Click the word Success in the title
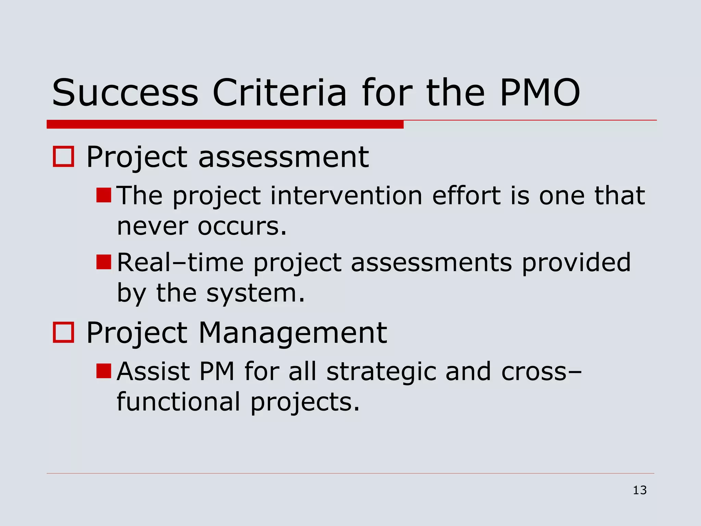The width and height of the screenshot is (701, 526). tap(125, 93)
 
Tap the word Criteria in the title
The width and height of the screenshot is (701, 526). tap(280, 93)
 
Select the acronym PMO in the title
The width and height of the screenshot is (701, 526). tap(540, 93)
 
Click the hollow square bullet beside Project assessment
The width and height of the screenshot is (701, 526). tap(64, 157)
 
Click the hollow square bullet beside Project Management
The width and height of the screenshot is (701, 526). tap(64, 333)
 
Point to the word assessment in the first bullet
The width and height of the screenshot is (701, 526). tap(283, 157)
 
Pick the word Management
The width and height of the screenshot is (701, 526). tap(293, 333)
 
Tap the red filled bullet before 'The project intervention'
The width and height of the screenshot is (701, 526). tap(104, 195)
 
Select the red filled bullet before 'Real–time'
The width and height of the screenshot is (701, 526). tap(104, 262)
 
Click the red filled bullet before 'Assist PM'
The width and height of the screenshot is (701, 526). tap(104, 371)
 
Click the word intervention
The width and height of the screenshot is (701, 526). tap(346, 196)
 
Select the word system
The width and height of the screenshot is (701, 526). tap(255, 293)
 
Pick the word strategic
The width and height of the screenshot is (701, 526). tap(381, 372)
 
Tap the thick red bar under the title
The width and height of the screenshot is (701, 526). tap(225, 124)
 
